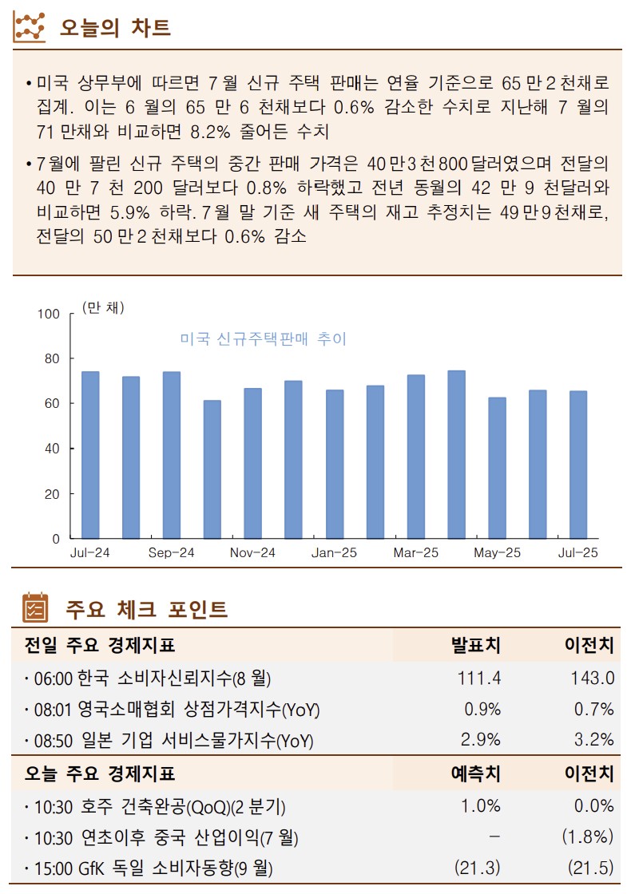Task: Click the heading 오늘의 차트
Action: click(x=115, y=28)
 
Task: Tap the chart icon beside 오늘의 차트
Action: click(x=30, y=28)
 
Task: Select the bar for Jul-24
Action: click(x=90, y=455)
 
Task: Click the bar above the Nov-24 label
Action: click(x=252, y=463)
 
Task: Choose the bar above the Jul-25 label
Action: click(x=577, y=465)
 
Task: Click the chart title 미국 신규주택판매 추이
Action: click(x=264, y=339)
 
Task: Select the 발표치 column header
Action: click(x=476, y=645)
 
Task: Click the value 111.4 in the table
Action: click(x=479, y=678)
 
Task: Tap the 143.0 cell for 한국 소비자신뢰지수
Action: click(x=592, y=678)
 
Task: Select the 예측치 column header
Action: click(x=476, y=773)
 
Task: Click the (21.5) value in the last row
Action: click(x=590, y=868)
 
